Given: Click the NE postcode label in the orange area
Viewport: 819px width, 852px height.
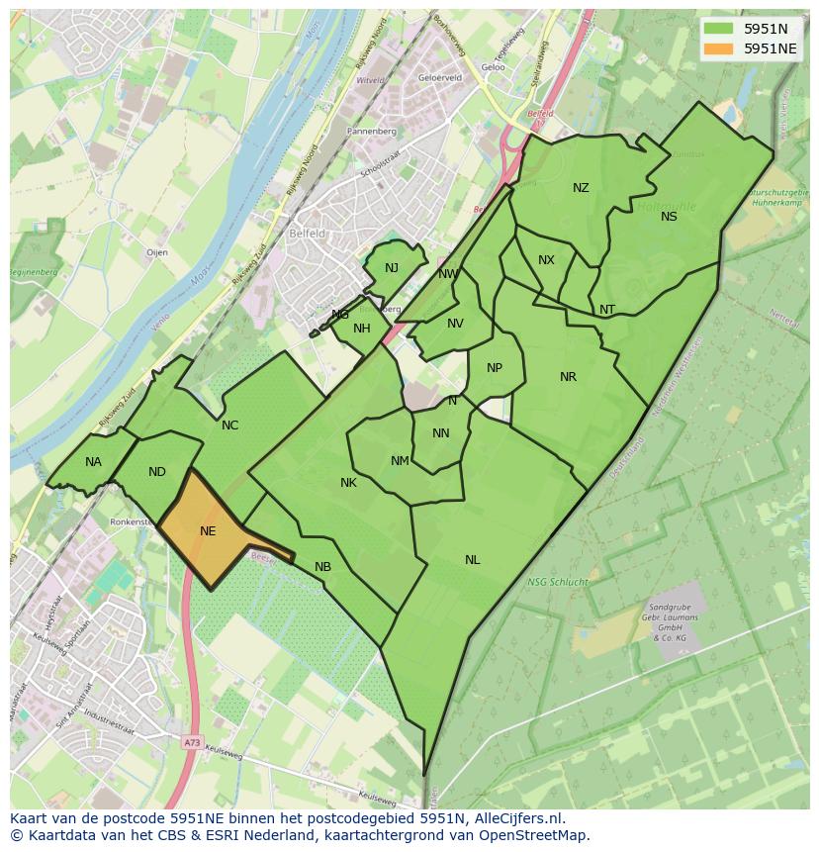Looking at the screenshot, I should pos(208,531).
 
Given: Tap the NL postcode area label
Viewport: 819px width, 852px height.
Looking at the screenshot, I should pos(473,560).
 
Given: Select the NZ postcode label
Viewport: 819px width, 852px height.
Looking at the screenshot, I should pos(581,188).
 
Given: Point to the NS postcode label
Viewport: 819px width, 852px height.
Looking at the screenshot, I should pos(670,217).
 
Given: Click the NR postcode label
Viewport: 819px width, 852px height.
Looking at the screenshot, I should pos(568,377).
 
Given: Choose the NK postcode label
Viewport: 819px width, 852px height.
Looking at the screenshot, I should pos(348,483).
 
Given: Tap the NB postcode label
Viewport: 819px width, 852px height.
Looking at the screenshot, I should pos(322,567).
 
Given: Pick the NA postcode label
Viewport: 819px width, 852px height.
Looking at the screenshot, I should pos(93,462).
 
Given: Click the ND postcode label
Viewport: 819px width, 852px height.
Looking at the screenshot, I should pos(157,472).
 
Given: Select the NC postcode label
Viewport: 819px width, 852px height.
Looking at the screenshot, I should pos(229,426).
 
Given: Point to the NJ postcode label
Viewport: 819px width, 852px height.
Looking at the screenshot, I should pos(392,268).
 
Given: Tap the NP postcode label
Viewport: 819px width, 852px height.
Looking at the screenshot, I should pos(495,368).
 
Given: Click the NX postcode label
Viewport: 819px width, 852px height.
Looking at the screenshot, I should pos(546,260).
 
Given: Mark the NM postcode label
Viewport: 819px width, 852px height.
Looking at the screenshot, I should pos(400,461).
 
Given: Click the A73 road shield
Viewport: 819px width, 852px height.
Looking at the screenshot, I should pos(191,740).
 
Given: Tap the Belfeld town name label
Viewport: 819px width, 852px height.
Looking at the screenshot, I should pos(307,234).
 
